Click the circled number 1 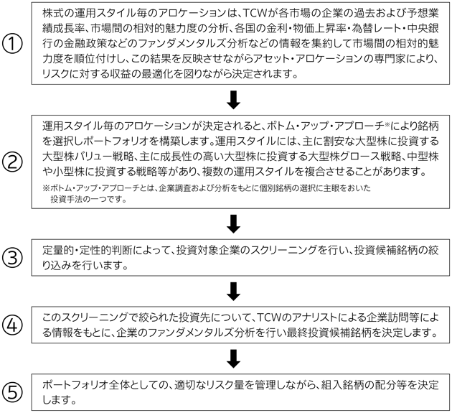pyautogui.click(x=12, y=44)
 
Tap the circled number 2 pyautogui.click(x=12, y=162)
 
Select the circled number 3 pyautogui.click(x=12, y=258)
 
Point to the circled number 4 pyautogui.click(x=12, y=325)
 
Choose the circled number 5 pyautogui.click(x=12, y=392)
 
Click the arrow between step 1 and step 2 pyautogui.click(x=233, y=100)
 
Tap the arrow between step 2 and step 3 pyautogui.click(x=233, y=223)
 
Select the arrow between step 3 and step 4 pyautogui.click(x=233, y=291)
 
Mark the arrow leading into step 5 pyautogui.click(x=233, y=358)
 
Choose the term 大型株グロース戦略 pyautogui.click(x=354, y=157)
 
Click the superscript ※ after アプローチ pyautogui.click(x=387, y=124)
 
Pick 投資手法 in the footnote pyautogui.click(x=65, y=199)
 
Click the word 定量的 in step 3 pyautogui.click(x=58, y=251)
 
